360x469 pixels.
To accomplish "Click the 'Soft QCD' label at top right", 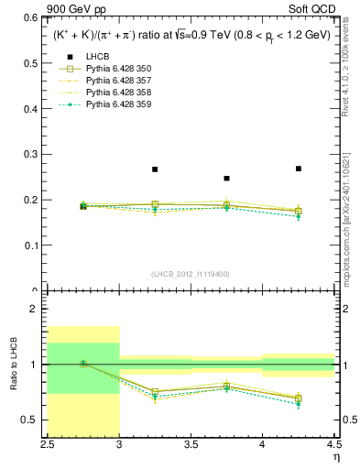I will click(x=314, y=9).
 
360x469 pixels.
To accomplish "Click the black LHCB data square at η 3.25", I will click(x=155, y=169).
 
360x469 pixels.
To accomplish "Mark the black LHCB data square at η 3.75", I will click(x=226, y=179).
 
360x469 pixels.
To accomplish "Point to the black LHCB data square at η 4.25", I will click(x=299, y=169).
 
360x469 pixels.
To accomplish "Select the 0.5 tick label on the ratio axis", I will click(x=32, y=420).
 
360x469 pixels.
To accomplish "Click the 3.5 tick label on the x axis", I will click(x=191, y=444).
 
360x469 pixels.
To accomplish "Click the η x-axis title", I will click(x=336, y=457).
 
